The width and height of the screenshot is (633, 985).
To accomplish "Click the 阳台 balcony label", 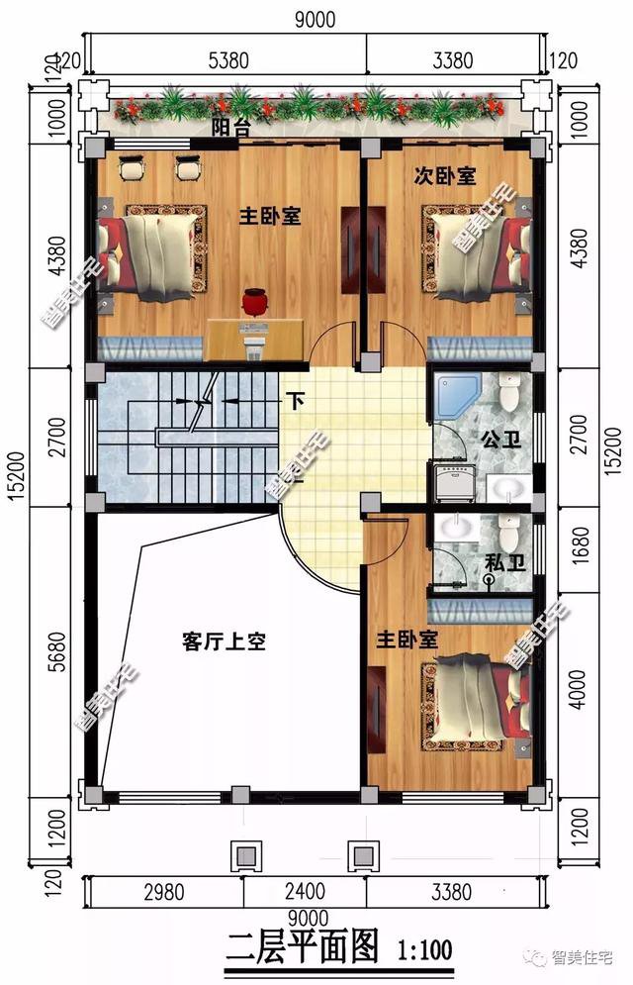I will tap(229, 129).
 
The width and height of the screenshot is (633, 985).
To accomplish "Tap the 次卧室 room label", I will tap(444, 176).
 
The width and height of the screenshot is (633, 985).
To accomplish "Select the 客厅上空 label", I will tap(224, 641).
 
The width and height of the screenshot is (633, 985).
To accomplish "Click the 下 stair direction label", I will tap(295, 401).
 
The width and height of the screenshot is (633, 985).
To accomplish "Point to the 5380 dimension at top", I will tap(228, 61).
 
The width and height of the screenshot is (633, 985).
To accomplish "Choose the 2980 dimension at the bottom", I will tap(163, 891).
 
